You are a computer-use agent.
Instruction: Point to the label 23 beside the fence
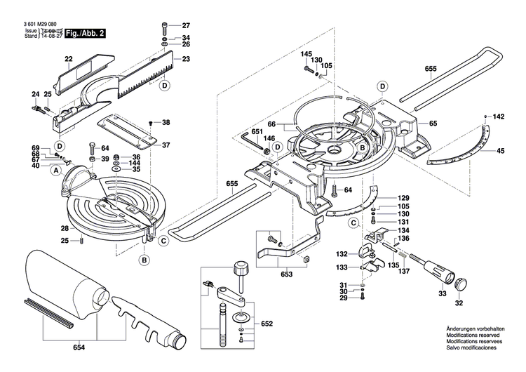click(x=186, y=59)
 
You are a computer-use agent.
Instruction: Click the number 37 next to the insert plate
click(x=166, y=145)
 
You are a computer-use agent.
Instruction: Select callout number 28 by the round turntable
click(x=65, y=229)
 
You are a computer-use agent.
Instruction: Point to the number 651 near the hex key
click(x=257, y=131)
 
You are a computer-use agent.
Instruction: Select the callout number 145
click(x=306, y=54)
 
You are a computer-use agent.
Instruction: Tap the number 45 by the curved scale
click(x=500, y=151)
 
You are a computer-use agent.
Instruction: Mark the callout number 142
click(x=498, y=116)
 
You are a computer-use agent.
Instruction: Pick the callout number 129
click(x=403, y=198)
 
